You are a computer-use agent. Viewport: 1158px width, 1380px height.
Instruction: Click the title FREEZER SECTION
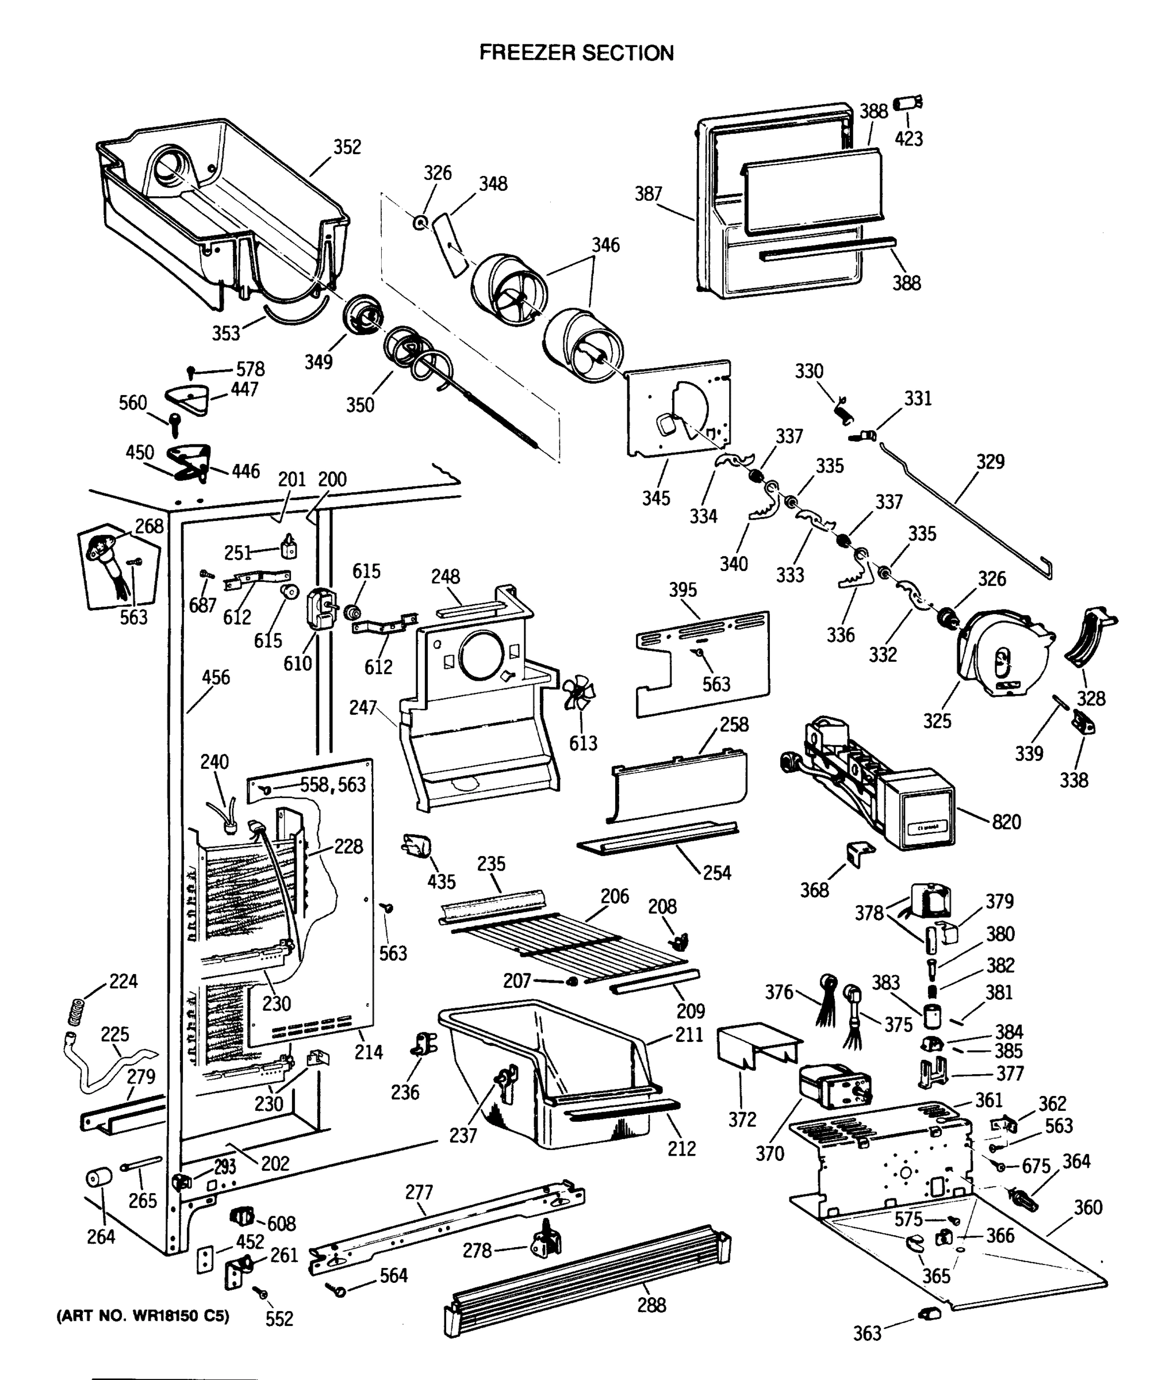point(576,52)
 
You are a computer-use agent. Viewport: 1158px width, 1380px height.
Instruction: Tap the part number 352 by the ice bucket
point(347,147)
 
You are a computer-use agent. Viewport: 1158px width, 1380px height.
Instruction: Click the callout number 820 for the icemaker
point(1006,822)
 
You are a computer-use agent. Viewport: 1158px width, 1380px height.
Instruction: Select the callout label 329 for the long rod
point(990,461)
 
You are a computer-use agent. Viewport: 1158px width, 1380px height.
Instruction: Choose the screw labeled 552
point(262,1293)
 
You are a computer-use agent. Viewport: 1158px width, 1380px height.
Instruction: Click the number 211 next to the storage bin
point(689,1034)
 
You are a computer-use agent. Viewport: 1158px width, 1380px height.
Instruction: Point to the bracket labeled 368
point(860,854)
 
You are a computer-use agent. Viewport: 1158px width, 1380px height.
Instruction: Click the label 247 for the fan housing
point(363,708)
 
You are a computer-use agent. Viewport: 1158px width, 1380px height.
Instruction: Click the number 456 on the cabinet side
point(216,677)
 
